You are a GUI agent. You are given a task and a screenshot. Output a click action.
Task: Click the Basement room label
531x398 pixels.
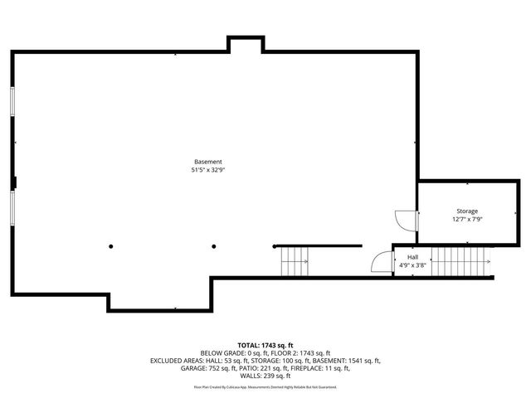pyautogui.click(x=207, y=161)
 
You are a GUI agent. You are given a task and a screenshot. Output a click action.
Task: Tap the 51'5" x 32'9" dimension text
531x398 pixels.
pyautogui.click(x=207, y=170)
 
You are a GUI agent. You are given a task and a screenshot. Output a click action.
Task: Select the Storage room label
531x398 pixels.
pyautogui.click(x=467, y=211)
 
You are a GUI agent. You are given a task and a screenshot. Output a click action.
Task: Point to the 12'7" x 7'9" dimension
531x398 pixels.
pyautogui.click(x=467, y=220)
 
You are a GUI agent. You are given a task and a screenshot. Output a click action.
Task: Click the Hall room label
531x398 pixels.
pyautogui.click(x=412, y=258)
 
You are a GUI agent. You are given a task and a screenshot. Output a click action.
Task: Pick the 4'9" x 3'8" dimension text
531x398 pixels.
pyautogui.click(x=412, y=266)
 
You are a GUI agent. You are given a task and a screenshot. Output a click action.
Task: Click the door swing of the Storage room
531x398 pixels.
pyautogui.click(x=406, y=221)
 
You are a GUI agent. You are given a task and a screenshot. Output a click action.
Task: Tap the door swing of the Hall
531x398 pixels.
pyautogui.click(x=382, y=264)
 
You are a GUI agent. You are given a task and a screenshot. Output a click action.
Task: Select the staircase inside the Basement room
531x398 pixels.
pyautogui.click(x=294, y=262)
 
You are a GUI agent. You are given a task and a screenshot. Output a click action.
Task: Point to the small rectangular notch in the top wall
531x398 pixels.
pyautogui.click(x=246, y=44)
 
